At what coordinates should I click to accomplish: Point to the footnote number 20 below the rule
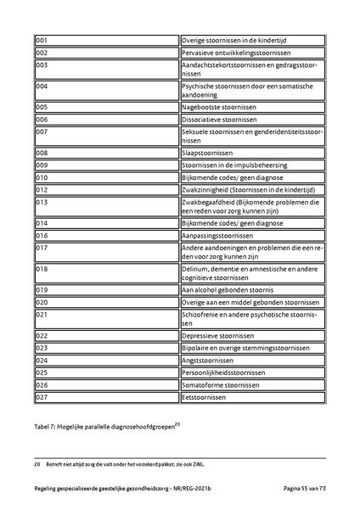point(37,465)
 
